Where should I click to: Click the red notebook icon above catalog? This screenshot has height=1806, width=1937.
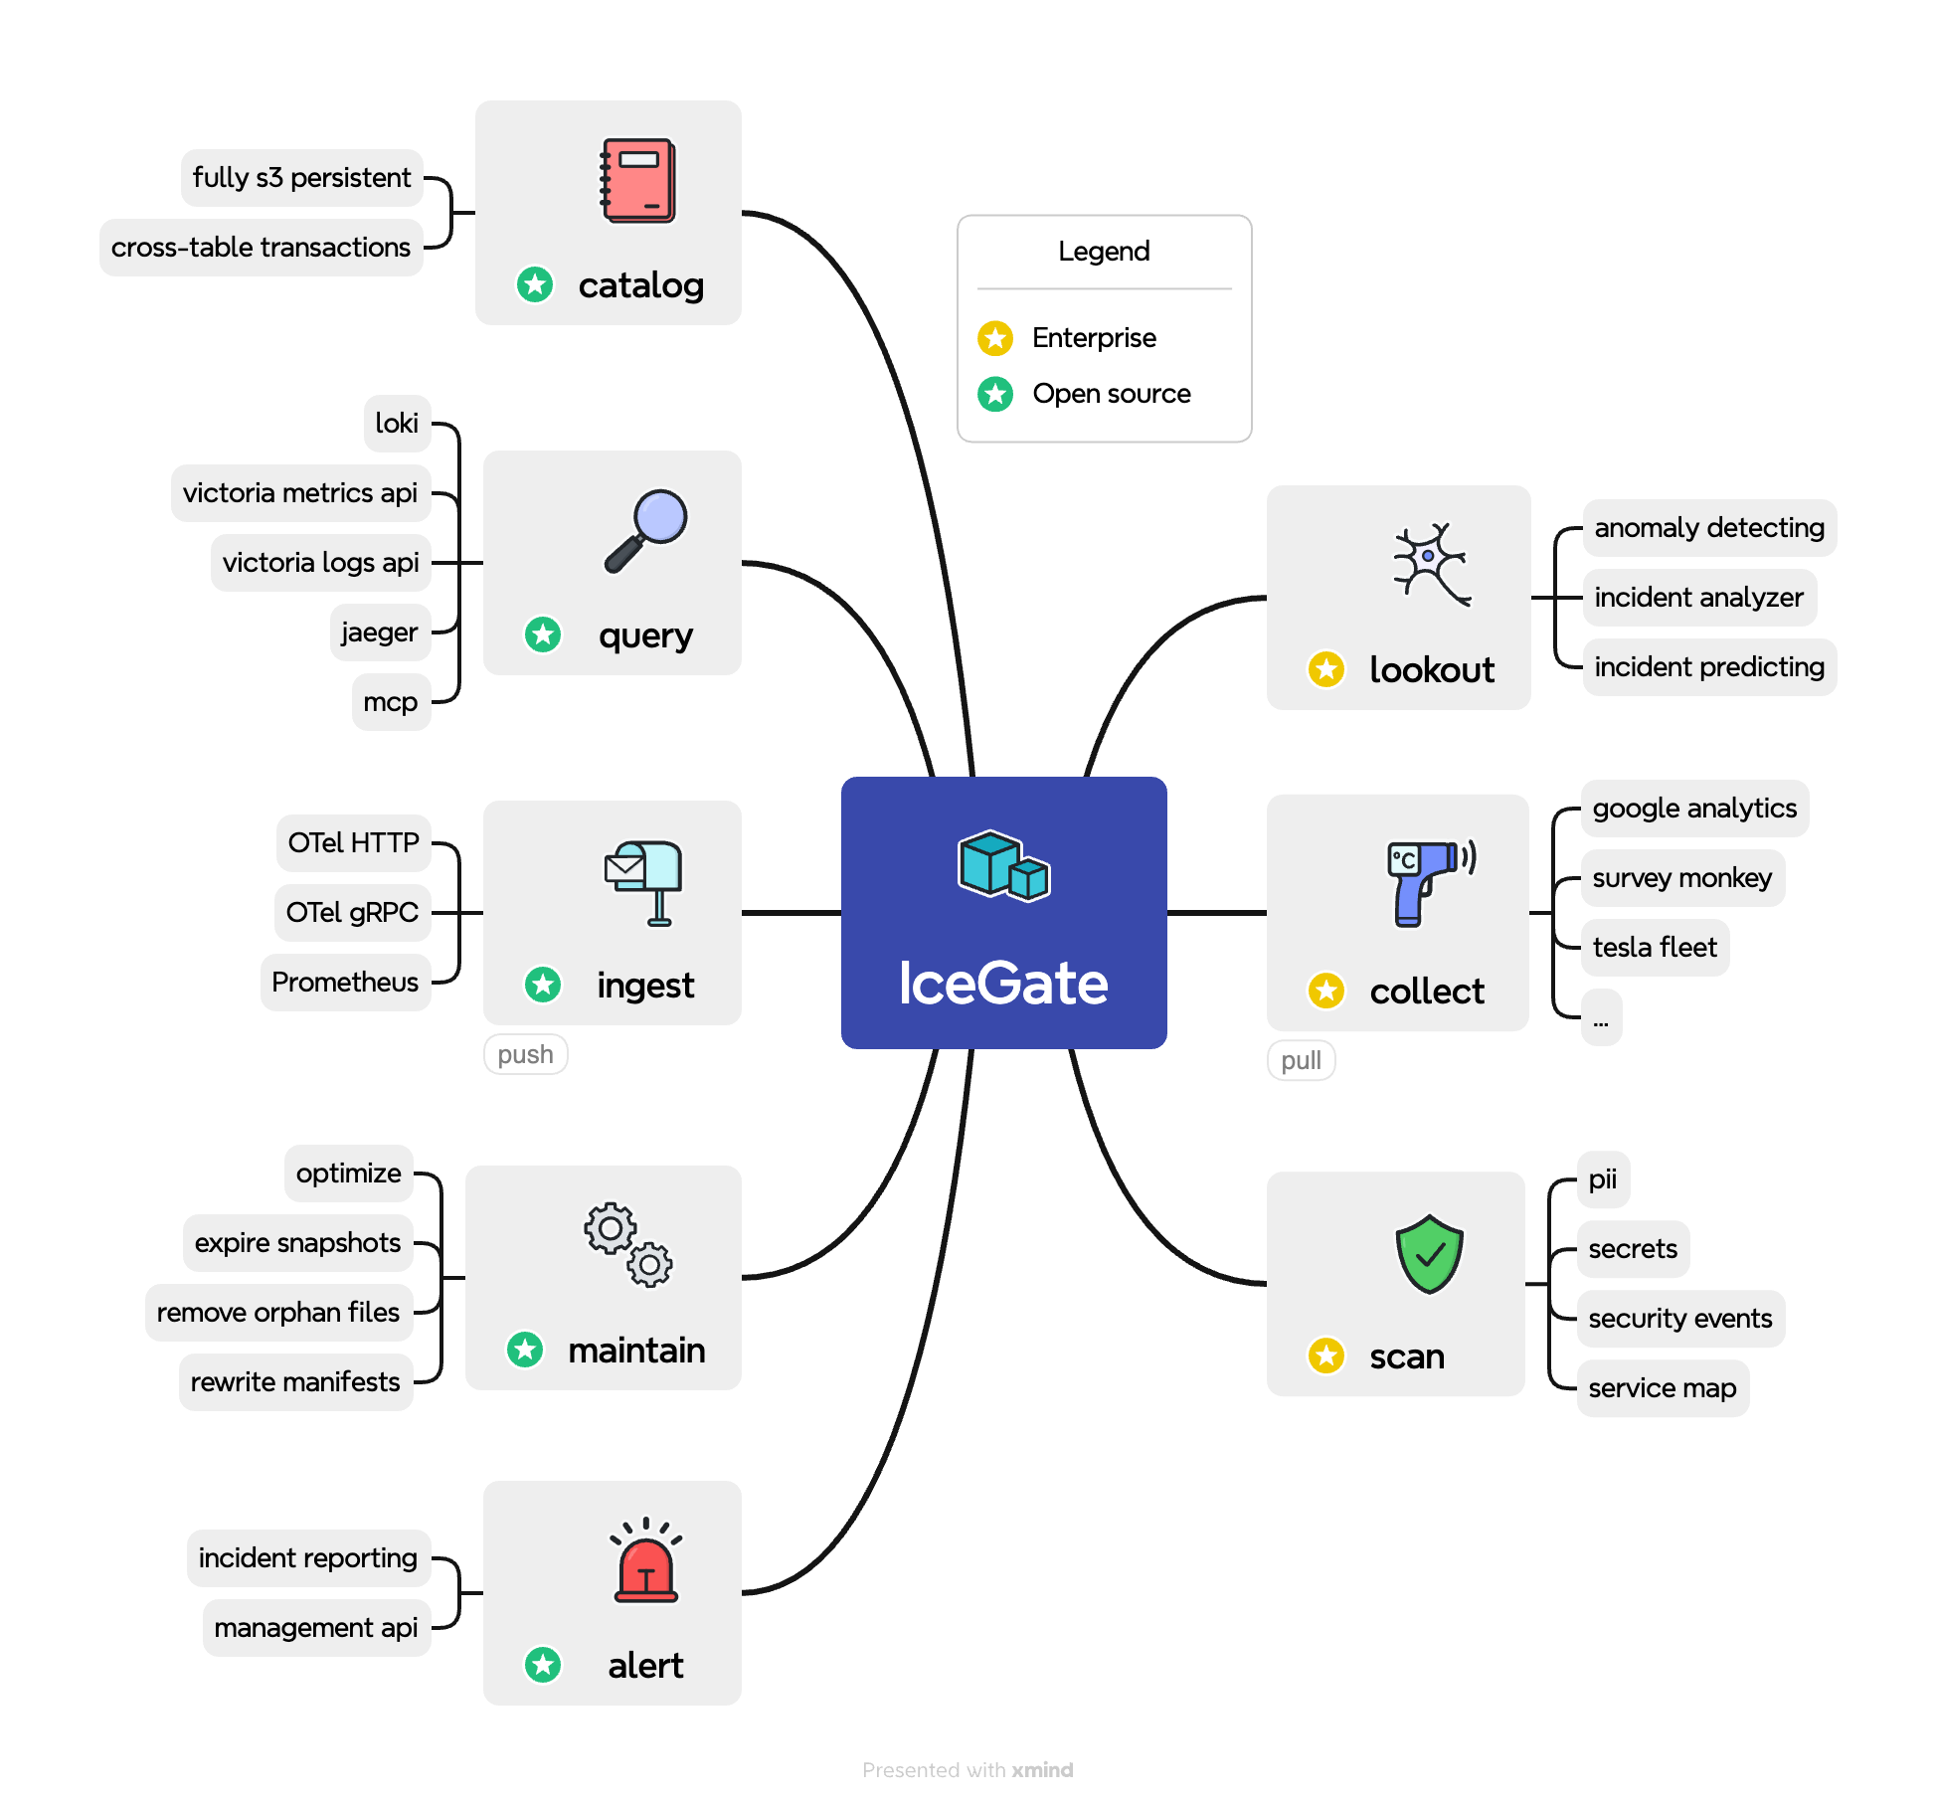click(x=638, y=181)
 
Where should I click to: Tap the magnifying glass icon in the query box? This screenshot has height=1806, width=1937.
click(x=645, y=530)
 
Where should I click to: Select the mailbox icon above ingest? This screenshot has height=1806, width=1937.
click(x=644, y=881)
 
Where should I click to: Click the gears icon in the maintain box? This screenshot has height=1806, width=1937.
click(x=628, y=1244)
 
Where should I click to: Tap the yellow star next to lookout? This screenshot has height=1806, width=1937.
click(x=1326, y=669)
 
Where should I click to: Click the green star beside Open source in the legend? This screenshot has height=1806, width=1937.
click(x=995, y=394)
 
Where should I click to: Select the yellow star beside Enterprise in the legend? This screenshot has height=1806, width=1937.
click(x=995, y=338)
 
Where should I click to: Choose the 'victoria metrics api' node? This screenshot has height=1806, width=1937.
click(x=300, y=493)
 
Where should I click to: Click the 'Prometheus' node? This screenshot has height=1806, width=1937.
click(x=345, y=983)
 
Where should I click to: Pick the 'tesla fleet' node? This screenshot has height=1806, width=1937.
click(x=1655, y=948)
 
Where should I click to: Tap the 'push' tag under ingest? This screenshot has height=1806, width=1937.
click(x=525, y=1054)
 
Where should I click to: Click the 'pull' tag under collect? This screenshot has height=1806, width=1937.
click(x=1301, y=1060)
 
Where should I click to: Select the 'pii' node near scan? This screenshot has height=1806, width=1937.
click(x=1603, y=1179)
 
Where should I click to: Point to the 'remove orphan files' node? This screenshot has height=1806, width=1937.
click(x=278, y=1313)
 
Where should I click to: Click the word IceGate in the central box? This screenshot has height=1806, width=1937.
click(x=1003, y=984)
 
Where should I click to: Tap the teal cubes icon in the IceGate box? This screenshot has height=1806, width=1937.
click(x=1003, y=865)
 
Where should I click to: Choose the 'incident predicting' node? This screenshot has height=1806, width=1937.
click(x=1709, y=667)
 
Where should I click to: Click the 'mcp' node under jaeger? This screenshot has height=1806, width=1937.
click(x=391, y=702)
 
